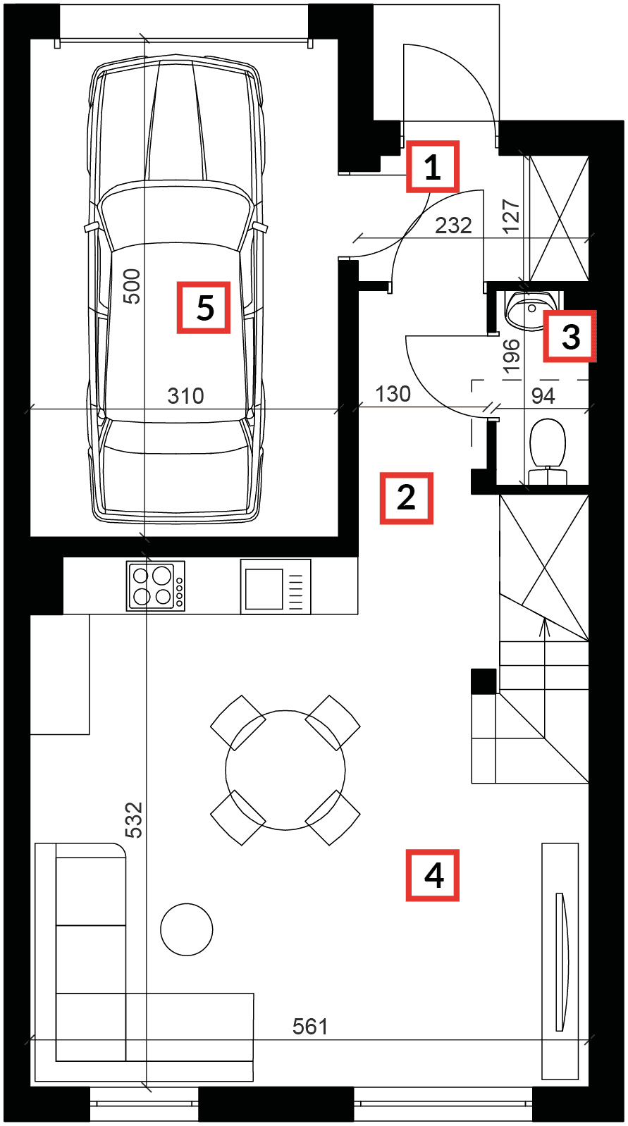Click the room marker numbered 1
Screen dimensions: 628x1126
coord(432,166)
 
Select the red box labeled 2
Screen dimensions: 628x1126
coord(406,498)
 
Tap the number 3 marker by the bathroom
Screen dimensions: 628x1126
coord(569,336)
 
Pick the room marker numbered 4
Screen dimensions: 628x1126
coord(432,875)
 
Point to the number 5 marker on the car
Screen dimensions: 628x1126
coord(204,308)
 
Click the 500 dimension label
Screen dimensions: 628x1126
coord(132,286)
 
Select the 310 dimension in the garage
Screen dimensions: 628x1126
coord(185,396)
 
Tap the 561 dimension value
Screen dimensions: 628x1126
coord(310,1027)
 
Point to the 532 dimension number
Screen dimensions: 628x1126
coord(134,820)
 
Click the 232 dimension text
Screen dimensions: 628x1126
coord(453,225)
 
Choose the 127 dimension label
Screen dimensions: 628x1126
coord(511,216)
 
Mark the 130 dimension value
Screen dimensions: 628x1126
coord(393,394)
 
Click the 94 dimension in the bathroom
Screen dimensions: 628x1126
coord(543,396)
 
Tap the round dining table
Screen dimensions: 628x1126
coord(285,770)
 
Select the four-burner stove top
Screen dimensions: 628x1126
coord(155,586)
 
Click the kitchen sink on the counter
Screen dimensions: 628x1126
coord(276,587)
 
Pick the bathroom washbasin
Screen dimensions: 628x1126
coord(531,310)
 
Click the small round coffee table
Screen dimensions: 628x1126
coord(187,929)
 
